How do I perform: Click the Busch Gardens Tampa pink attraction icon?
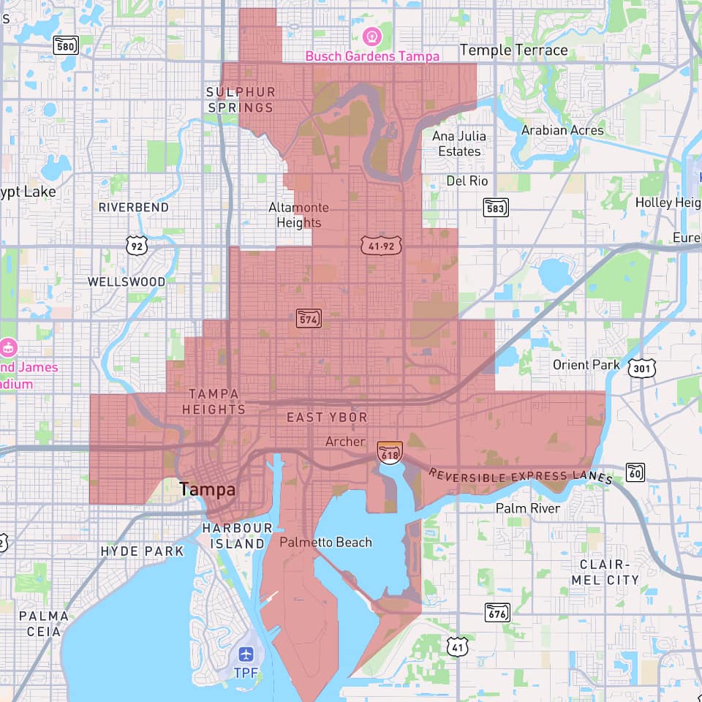pos(372,34)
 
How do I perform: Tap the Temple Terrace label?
pos(513,50)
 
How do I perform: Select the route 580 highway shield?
pos(66,46)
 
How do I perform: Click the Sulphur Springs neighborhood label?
pos(241,99)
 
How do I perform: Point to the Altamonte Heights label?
pos(298,215)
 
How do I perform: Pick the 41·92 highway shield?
pos(382,246)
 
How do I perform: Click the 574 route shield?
pos(309,318)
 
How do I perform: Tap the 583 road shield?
pos(496,207)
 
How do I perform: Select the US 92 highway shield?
pos(137,245)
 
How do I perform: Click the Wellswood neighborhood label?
pos(127,282)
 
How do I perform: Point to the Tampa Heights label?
pos(214,401)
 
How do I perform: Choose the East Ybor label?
pos(327,418)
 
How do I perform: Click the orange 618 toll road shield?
pos(389,453)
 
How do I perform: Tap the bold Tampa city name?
pos(208,490)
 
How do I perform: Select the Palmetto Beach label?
pos(325,543)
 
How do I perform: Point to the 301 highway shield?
pos(641,368)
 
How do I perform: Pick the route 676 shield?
pos(497,612)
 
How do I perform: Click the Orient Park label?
pos(586,365)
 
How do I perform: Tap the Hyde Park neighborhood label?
pos(142,551)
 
